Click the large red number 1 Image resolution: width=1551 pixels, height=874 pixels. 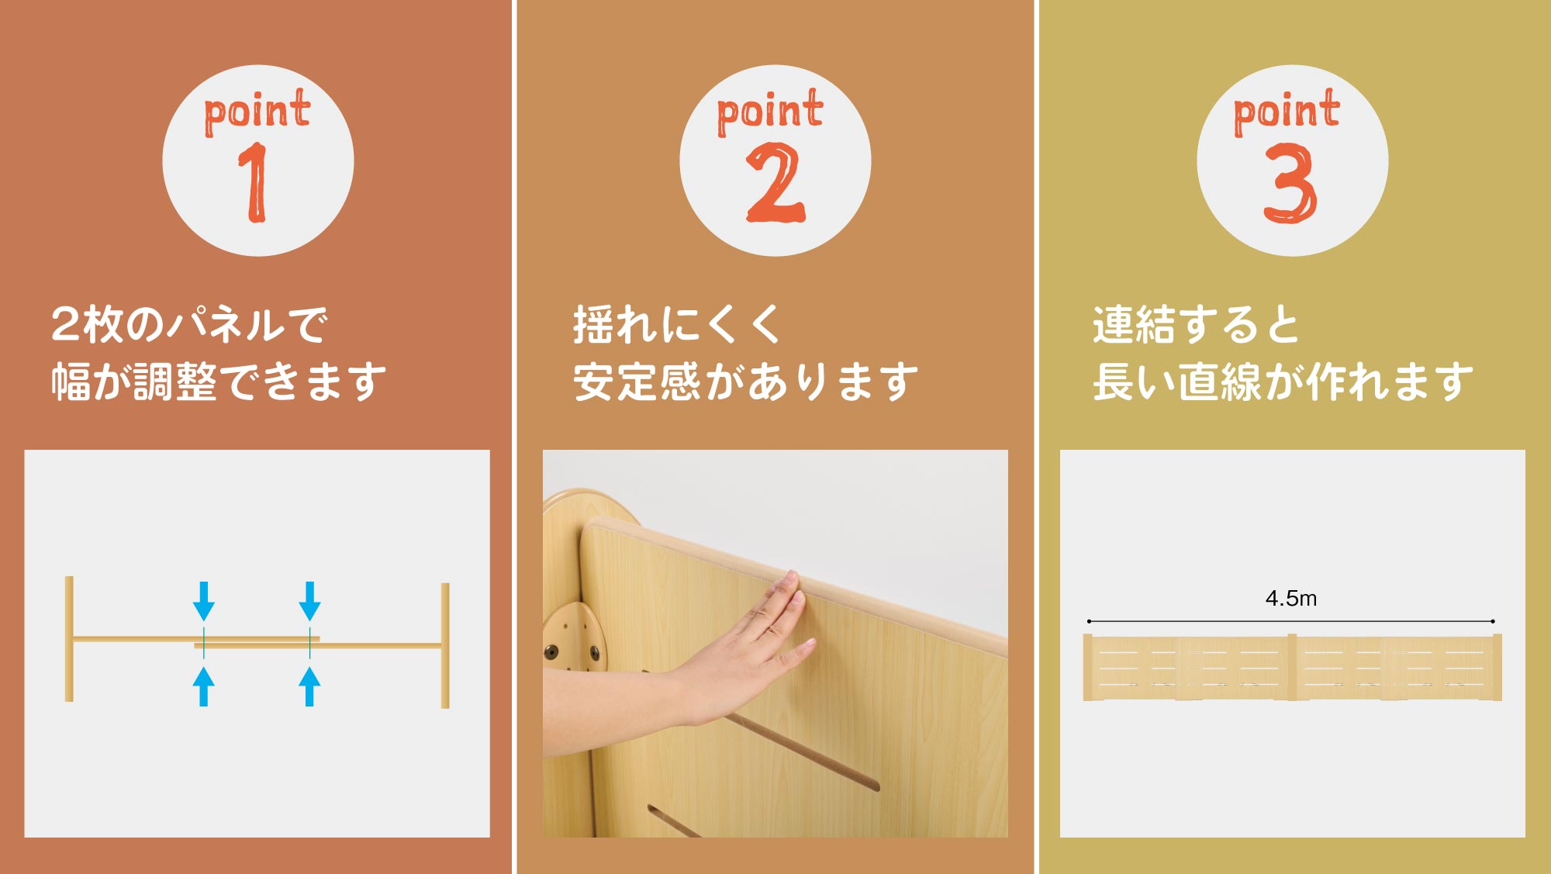(254, 183)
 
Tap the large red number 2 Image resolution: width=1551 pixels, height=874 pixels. (775, 183)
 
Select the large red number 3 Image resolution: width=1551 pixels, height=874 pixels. (1290, 183)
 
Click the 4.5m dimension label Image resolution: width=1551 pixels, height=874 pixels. (1291, 599)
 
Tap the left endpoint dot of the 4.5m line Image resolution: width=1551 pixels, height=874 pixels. (1090, 621)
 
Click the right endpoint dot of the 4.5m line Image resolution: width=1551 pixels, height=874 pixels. (1493, 621)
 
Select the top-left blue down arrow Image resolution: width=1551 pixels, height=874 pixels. (204, 601)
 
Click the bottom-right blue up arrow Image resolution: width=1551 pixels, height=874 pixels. (309, 686)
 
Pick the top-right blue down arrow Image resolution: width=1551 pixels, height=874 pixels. (309, 601)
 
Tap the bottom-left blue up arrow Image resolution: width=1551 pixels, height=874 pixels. (204, 686)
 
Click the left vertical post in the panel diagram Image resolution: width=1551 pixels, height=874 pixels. (69, 639)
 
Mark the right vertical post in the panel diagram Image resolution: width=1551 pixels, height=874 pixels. (445, 645)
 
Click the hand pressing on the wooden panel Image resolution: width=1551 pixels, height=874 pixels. (744, 644)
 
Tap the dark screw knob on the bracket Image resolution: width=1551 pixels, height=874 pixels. (552, 652)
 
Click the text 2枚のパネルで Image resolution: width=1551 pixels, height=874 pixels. (190, 324)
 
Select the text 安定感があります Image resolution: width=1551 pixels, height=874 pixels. (745, 382)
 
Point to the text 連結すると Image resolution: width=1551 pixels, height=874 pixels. (1195, 324)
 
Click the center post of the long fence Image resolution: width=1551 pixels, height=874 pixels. (1292, 667)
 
